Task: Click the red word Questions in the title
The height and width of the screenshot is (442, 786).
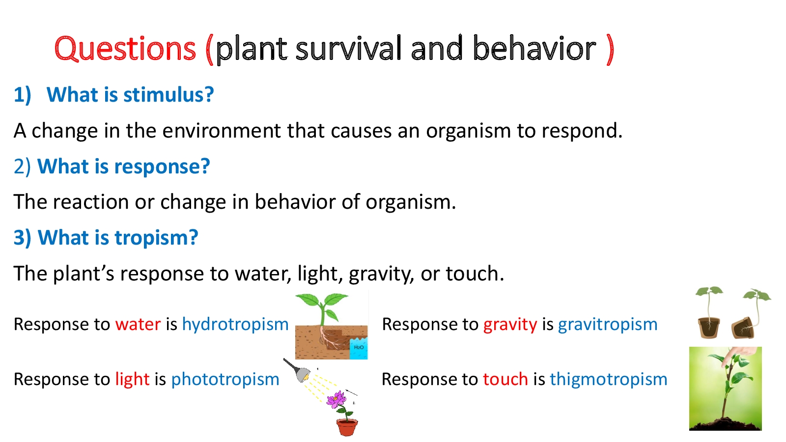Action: tap(125, 49)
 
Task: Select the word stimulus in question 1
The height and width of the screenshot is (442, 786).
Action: tap(168, 94)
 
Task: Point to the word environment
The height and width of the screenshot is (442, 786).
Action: tap(222, 131)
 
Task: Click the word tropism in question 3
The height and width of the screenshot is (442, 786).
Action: tap(157, 238)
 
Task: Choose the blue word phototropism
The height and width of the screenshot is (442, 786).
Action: tap(225, 380)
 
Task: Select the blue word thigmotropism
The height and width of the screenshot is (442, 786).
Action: tap(608, 380)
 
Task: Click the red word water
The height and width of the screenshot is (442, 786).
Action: tap(138, 324)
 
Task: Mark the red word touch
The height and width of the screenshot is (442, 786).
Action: tap(505, 379)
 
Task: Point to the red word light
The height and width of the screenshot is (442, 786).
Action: tap(132, 380)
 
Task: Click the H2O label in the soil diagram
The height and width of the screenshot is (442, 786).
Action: tap(359, 347)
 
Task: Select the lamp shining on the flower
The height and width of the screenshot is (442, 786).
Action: tap(297, 370)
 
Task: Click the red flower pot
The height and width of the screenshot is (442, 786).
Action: tap(347, 427)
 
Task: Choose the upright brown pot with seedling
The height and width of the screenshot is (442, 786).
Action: tap(708, 327)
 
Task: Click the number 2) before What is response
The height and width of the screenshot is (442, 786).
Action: tap(22, 166)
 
